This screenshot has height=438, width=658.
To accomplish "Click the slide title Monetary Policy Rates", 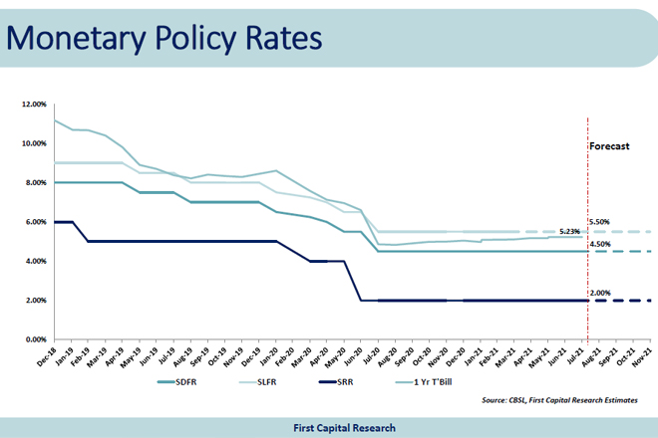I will (164, 38).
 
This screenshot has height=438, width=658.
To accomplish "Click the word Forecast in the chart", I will (610, 145).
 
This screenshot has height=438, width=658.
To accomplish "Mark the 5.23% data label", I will (570, 230).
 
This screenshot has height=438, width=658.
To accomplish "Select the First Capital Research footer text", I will (329, 427).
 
